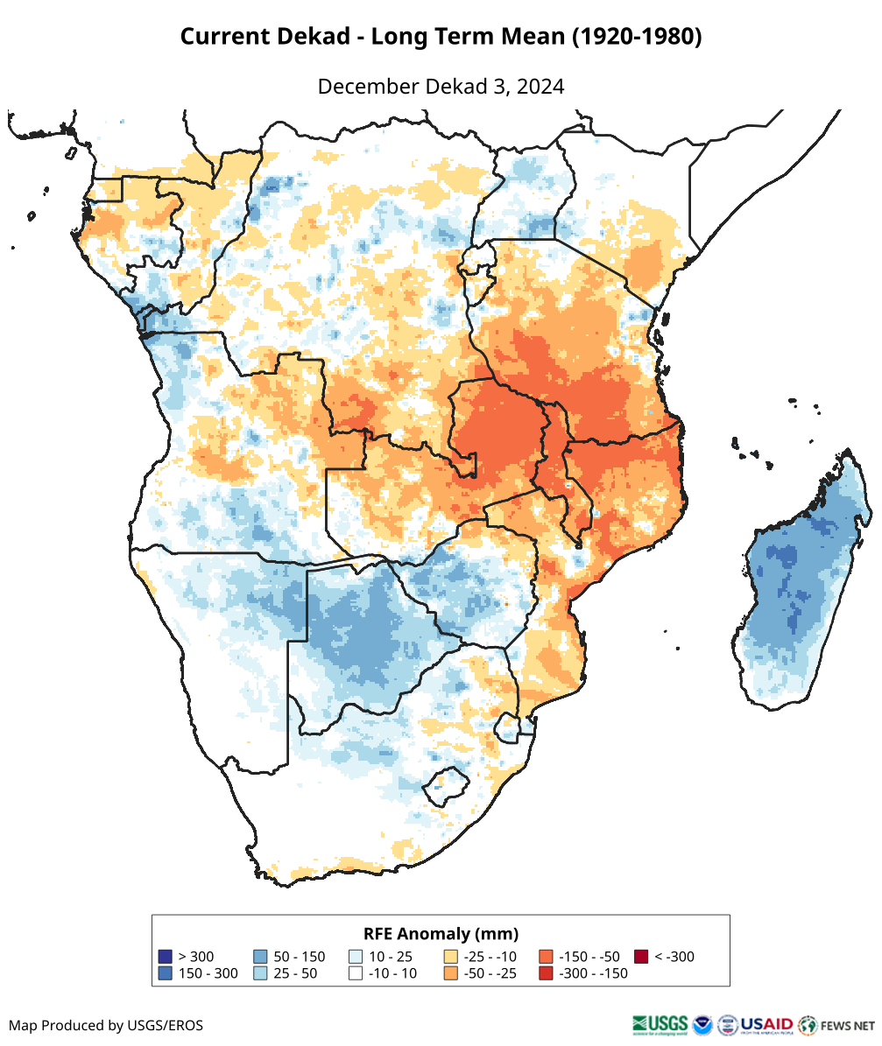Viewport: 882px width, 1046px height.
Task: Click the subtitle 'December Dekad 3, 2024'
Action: [441, 87]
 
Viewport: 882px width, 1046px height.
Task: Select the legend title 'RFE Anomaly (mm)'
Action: [441, 933]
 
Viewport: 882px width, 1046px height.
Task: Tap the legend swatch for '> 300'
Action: [165, 957]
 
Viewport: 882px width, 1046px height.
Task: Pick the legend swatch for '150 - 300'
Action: [165, 973]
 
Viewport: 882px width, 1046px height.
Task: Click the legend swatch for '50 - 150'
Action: [260, 957]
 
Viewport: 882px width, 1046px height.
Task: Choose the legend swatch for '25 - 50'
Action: [260, 973]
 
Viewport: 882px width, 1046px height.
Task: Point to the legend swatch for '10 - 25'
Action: [356, 957]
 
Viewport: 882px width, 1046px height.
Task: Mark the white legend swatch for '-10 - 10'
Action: [356, 973]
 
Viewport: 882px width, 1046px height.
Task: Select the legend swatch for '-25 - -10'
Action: [451, 957]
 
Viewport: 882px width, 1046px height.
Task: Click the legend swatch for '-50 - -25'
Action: [451, 973]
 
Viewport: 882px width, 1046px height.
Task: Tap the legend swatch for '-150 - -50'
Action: [546, 957]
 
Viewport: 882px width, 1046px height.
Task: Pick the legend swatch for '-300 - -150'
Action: [546, 973]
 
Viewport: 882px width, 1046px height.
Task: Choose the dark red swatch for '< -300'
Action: [641, 957]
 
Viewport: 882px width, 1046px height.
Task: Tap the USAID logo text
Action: [767, 1024]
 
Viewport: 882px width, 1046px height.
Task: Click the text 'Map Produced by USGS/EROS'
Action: [106, 1025]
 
